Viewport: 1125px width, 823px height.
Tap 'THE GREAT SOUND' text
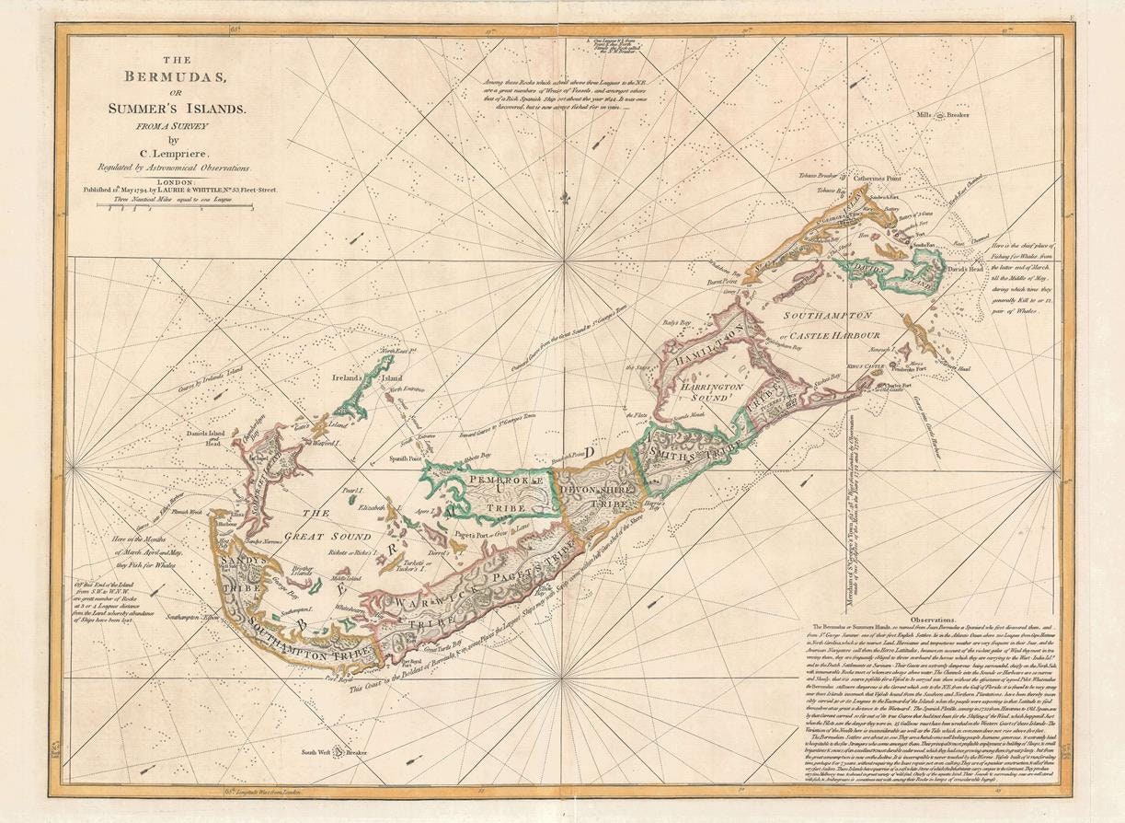click(x=330, y=526)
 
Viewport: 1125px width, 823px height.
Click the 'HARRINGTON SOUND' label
click(x=711, y=395)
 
